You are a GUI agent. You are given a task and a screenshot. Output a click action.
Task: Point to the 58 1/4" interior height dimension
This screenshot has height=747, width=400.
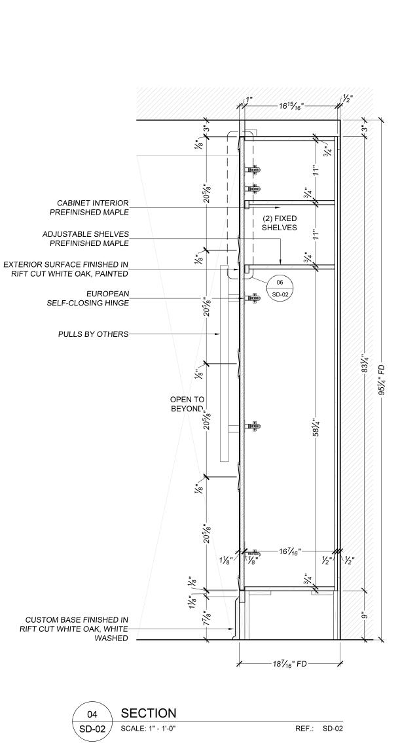tap(316, 429)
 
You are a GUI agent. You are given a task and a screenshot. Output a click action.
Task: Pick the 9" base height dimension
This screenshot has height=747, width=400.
tap(363, 616)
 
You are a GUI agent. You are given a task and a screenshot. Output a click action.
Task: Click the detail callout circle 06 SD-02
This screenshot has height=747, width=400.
tap(281, 288)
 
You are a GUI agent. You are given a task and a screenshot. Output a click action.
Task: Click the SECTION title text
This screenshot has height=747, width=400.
tap(149, 714)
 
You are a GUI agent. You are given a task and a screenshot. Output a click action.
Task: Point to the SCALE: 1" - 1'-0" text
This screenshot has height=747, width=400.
tap(149, 728)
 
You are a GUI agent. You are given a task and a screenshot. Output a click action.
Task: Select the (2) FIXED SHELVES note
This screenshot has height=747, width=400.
tap(280, 223)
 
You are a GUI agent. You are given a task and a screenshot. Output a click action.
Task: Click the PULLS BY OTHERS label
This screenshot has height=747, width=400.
tap(93, 334)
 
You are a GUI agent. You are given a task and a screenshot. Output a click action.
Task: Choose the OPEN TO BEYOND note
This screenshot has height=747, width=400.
tap(187, 404)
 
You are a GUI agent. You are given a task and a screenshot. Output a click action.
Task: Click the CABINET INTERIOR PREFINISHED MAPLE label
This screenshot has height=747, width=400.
tap(92, 207)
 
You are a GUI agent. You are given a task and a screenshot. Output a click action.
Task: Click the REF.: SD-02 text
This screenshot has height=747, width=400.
tap(319, 728)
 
